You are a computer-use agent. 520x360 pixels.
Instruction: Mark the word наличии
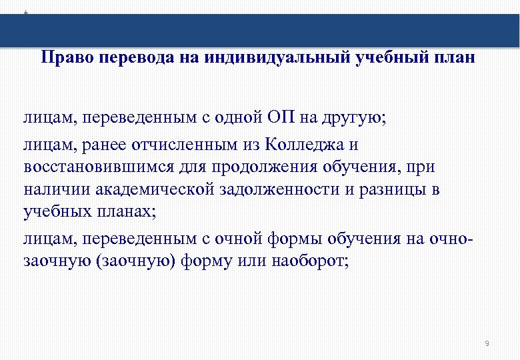(56, 189)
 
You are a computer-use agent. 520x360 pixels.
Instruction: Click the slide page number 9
(487, 344)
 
